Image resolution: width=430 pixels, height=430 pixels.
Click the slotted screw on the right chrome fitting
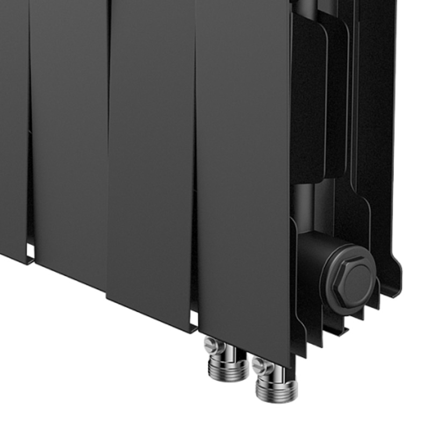(x=261, y=365)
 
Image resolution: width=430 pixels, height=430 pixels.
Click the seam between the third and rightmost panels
(x=195, y=161)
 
